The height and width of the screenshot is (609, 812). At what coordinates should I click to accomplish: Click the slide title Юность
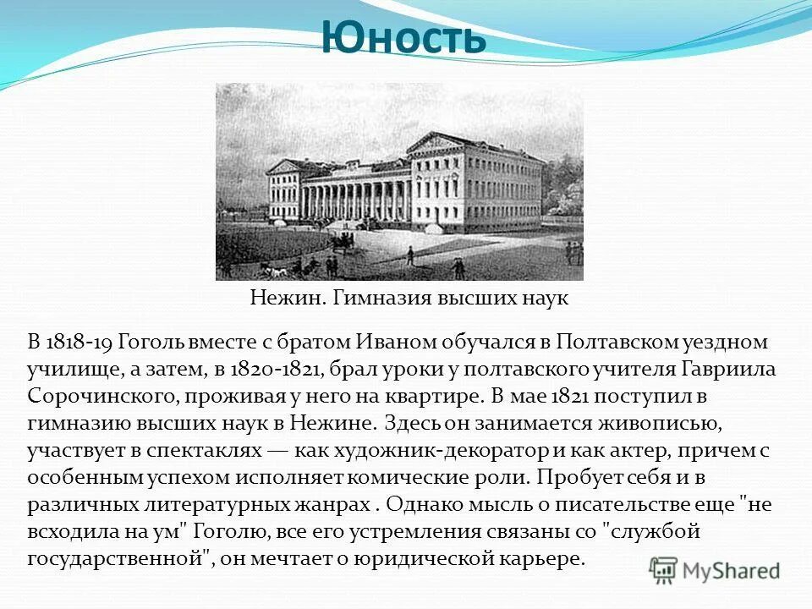(x=404, y=39)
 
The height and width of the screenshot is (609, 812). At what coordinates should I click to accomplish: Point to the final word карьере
(x=545, y=559)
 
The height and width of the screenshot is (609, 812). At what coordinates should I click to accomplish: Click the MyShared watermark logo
(x=715, y=570)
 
